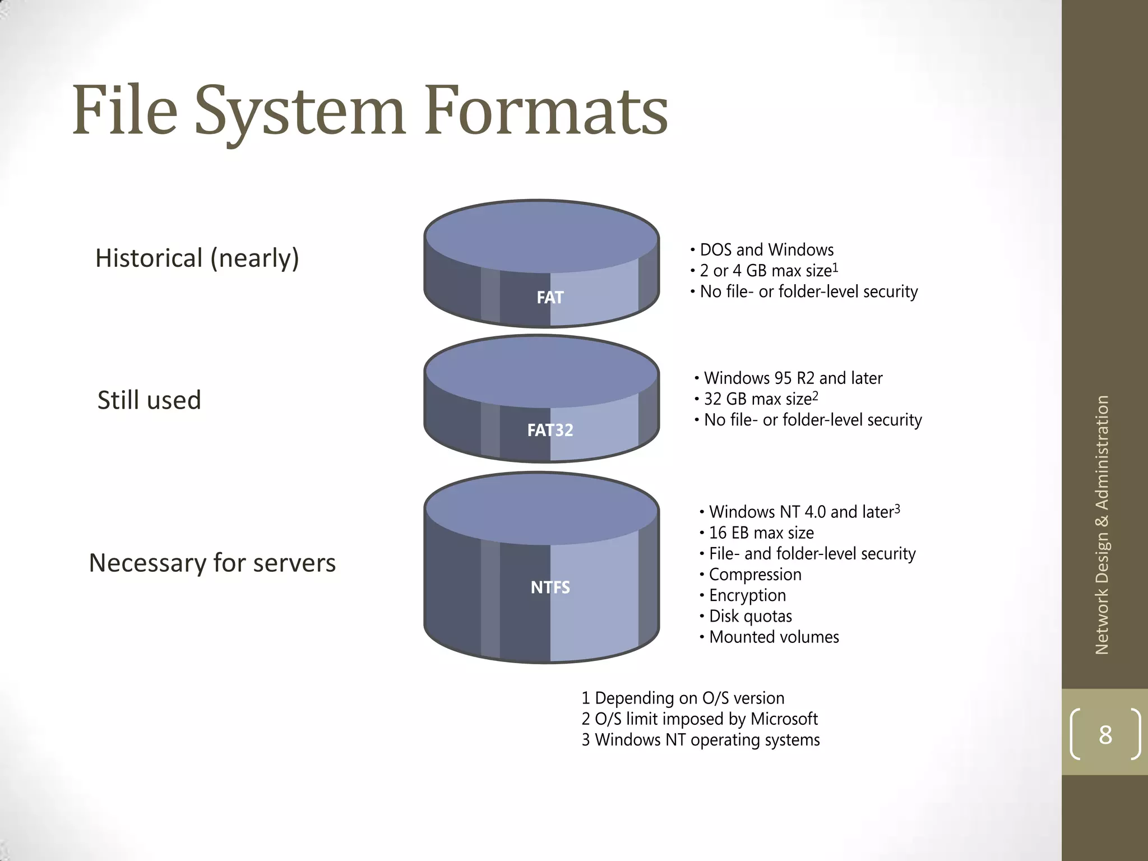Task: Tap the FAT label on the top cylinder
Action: (x=550, y=297)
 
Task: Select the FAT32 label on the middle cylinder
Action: (x=550, y=430)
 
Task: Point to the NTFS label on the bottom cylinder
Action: (x=550, y=587)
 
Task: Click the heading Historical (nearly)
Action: (x=197, y=258)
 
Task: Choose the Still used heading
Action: (x=149, y=400)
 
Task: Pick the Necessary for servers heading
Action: (x=212, y=563)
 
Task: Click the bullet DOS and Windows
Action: (x=766, y=250)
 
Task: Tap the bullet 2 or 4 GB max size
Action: (x=768, y=271)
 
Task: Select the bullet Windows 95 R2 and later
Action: (x=793, y=378)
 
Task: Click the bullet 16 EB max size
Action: (x=761, y=533)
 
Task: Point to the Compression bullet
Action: (x=754, y=575)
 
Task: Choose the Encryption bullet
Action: (x=747, y=595)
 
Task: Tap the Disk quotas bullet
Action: (x=750, y=616)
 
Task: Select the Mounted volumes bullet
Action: (x=774, y=637)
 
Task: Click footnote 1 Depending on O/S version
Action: (x=683, y=698)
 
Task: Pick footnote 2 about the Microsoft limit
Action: (x=700, y=719)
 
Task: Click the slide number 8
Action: (x=1105, y=734)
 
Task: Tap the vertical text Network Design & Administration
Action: (x=1102, y=525)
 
